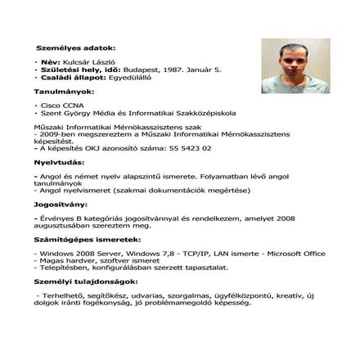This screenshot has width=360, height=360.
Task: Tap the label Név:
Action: [50, 62]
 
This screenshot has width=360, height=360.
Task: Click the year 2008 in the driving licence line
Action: [281, 217]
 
